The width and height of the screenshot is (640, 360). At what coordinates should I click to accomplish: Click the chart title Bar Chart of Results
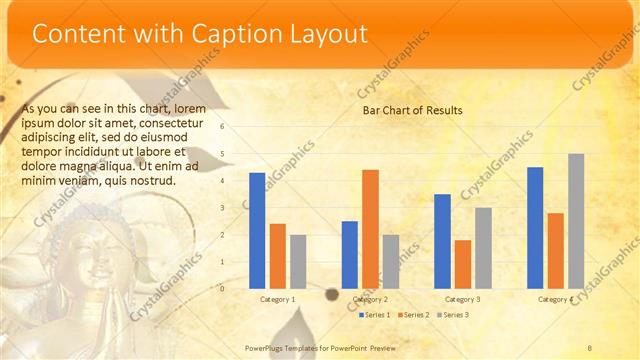pos(412,110)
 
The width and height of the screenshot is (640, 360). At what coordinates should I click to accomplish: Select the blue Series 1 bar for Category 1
pos(257,230)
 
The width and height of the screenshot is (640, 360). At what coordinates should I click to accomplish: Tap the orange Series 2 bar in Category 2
pos(370,228)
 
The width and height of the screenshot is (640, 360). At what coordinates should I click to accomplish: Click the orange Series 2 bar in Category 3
pos(462,263)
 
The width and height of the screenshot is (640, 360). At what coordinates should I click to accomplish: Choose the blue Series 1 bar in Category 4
pos(535,227)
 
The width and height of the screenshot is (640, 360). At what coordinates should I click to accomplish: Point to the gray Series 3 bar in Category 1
pos(298,261)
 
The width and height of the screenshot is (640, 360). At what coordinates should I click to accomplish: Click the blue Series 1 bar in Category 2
pos(350,254)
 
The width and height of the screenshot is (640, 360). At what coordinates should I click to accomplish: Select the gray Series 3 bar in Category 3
pos(483,247)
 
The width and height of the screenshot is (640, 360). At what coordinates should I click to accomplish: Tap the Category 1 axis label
pos(277,299)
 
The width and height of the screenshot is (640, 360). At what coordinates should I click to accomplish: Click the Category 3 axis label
pos(462,299)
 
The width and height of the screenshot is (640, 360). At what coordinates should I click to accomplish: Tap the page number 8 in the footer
pos(590,348)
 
